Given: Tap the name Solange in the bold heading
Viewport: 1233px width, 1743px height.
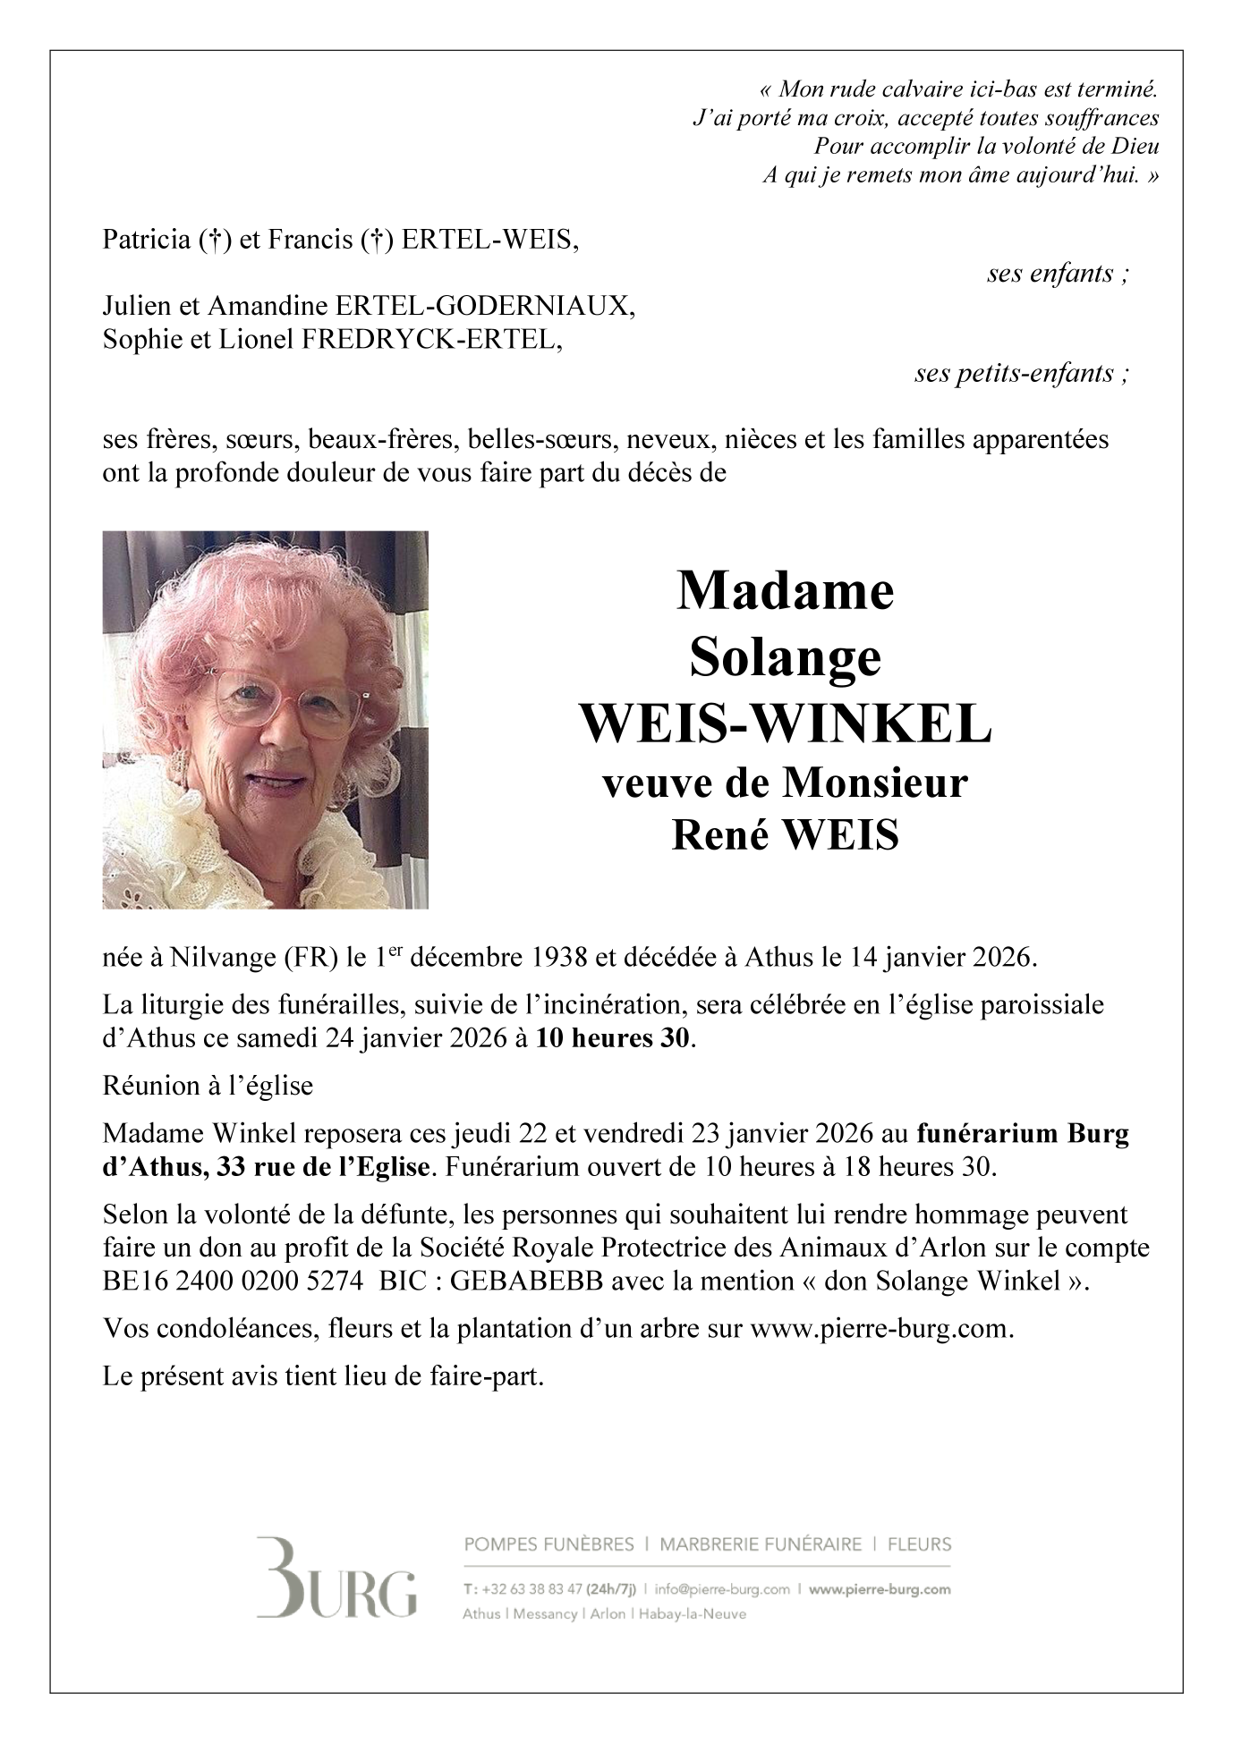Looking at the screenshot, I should point(786,658).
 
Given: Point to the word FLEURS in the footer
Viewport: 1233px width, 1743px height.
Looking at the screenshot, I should point(920,1544).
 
